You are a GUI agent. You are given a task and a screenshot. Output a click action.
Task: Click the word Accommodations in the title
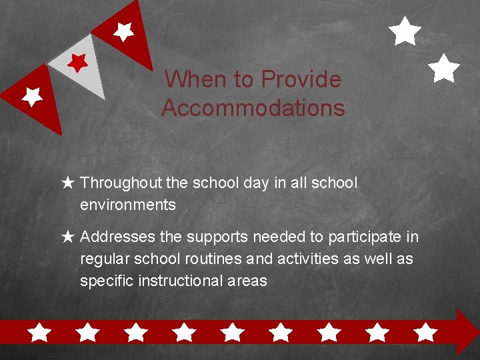pos(253,108)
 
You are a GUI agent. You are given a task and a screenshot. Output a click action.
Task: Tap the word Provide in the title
pos(301,80)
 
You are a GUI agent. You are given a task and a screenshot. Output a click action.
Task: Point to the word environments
pos(128,205)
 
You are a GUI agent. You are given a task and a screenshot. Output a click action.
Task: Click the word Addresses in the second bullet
pos(117,237)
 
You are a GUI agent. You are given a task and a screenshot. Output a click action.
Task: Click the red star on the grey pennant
pos(79,63)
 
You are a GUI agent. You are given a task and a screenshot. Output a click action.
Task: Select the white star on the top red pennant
pos(123,31)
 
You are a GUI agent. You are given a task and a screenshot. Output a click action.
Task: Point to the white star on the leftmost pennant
pos(31,96)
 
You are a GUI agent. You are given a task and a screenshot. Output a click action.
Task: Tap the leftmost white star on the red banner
pos(40,332)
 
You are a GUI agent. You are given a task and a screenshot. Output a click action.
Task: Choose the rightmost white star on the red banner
pos(425,332)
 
